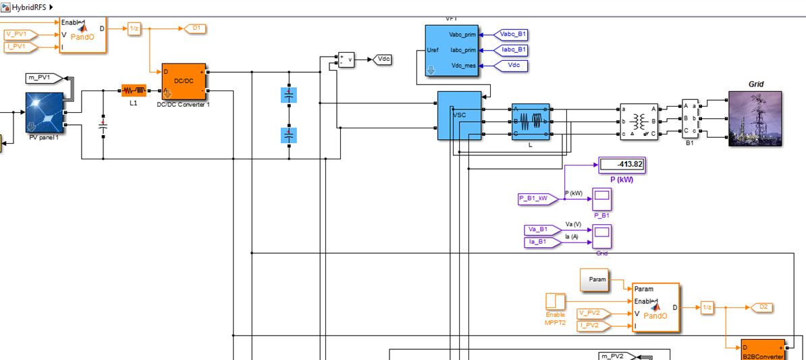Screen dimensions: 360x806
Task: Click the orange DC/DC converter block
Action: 184,82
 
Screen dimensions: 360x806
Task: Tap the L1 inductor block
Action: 134,91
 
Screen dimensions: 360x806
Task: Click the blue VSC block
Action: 459,115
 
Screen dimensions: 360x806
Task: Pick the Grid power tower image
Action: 755,119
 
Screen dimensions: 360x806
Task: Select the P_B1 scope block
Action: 601,199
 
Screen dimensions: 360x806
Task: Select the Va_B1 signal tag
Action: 541,230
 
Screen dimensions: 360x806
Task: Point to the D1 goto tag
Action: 196,28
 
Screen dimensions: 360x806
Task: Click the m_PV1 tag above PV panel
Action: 43,78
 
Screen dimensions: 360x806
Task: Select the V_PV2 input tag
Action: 593,313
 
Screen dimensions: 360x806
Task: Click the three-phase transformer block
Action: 639,121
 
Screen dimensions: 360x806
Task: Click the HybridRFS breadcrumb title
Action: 30,7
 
